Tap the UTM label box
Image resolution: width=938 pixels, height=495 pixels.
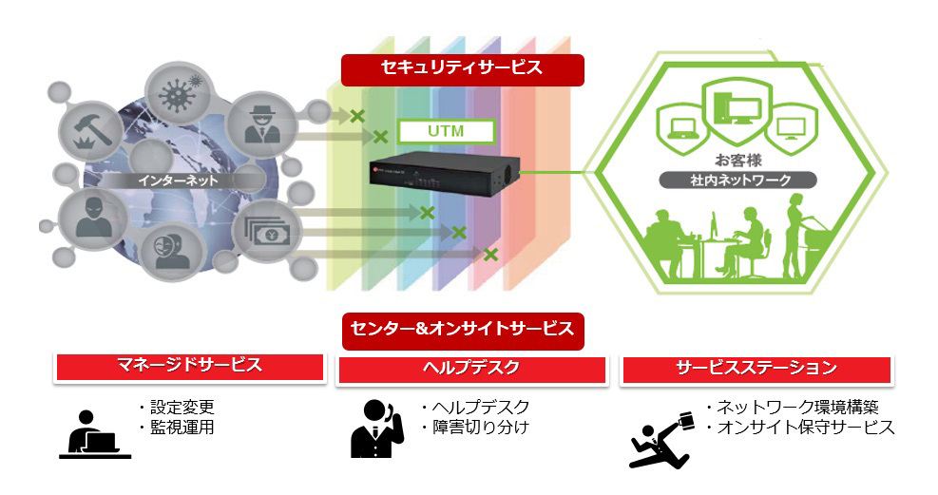pyautogui.click(x=447, y=131)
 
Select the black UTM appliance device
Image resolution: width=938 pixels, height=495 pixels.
pyautogui.click(x=444, y=176)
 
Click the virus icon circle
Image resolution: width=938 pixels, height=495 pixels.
pyautogui.click(x=177, y=94)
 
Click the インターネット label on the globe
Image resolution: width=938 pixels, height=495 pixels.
pyautogui.click(x=178, y=181)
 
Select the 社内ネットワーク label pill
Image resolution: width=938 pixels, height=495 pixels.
pyautogui.click(x=738, y=180)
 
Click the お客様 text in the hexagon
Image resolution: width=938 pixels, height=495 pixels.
pyautogui.click(x=738, y=160)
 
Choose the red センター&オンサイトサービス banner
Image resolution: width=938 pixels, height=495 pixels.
pyautogui.click(x=463, y=331)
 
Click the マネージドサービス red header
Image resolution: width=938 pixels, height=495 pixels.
pyautogui.click(x=190, y=367)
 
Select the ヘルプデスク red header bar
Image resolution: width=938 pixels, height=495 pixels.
pyautogui.click(x=471, y=369)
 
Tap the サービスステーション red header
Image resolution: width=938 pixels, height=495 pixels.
pyautogui.click(x=756, y=369)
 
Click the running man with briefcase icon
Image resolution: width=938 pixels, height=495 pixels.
pyautogui.click(x=662, y=440)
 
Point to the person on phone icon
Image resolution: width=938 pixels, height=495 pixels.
pyautogui.click(x=376, y=428)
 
